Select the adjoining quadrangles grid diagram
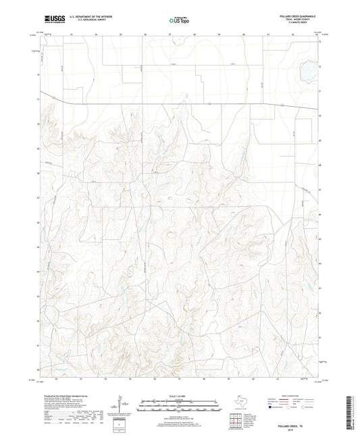click(x=236, y=420)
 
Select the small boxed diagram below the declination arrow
click(x=122, y=424)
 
